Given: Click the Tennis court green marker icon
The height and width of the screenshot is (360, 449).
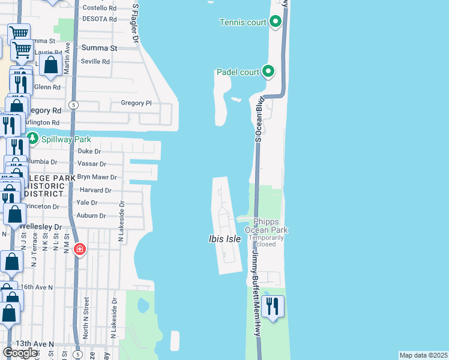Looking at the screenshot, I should coord(276,22).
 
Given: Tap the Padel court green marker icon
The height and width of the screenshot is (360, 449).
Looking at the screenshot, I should coord(268,73).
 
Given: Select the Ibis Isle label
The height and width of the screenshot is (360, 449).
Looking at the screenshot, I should coord(224,239).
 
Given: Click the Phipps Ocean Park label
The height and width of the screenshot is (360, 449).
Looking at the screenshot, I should coord(267,226).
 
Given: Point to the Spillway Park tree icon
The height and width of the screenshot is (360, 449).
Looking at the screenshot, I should coord(31,139).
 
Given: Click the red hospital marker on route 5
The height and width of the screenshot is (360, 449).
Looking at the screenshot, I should coord(79,249).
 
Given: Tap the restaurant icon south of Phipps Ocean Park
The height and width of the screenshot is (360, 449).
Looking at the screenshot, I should coord(273,307).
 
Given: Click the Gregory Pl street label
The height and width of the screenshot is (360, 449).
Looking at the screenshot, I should coord(136,103).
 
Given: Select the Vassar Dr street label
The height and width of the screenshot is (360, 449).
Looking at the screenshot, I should coord(92,164).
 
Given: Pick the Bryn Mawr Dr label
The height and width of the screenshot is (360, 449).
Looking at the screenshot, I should coord(97,178).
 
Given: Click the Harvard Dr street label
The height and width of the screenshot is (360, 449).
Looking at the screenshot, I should coord(95,190).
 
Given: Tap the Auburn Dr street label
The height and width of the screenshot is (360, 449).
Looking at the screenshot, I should coord(91,215).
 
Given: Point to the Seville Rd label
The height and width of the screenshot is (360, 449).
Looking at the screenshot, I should coord(96,61).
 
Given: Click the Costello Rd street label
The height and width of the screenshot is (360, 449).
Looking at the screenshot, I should coord(99,8).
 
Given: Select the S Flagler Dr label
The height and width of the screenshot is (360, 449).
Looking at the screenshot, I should coord(135,24).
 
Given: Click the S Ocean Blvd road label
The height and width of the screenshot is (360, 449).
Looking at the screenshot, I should coord(259,119).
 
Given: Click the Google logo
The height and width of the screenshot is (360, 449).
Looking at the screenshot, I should coord(20,353).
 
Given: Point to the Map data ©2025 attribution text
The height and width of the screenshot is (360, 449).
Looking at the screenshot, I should coord(424,355).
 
